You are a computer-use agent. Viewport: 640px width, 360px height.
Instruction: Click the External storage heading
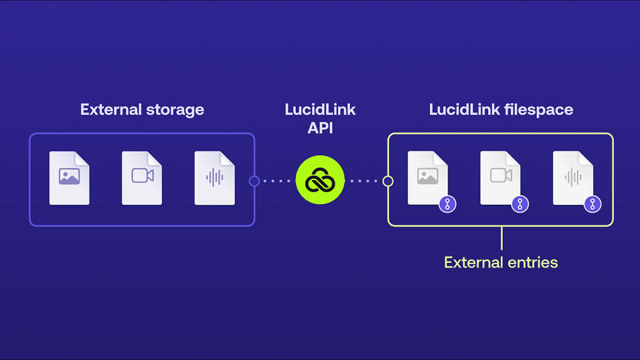coord(142,109)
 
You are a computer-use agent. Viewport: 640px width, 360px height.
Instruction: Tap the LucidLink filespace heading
coord(501,109)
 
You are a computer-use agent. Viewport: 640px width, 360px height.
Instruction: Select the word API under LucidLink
coord(320,128)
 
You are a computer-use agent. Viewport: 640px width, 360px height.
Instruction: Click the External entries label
coord(501,262)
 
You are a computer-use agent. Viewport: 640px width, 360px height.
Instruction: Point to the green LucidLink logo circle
coord(320,180)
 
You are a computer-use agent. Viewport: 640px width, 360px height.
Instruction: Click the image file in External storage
coord(69,177)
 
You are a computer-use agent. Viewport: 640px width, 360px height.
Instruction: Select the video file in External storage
coord(141,177)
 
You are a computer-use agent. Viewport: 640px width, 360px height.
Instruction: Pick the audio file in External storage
coord(214,177)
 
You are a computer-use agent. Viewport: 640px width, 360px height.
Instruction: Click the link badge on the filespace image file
coord(447,204)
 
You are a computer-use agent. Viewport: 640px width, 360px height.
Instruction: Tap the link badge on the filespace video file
coord(520,204)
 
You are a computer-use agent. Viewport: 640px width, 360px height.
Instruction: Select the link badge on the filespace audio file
coord(592,204)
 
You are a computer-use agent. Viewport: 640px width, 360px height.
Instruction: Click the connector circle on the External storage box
coord(254,181)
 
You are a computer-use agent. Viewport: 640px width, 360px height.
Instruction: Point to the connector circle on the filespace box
coord(388,181)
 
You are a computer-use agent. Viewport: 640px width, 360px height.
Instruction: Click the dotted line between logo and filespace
coord(365,181)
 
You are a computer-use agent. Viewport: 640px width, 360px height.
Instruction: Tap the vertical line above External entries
coord(501,238)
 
